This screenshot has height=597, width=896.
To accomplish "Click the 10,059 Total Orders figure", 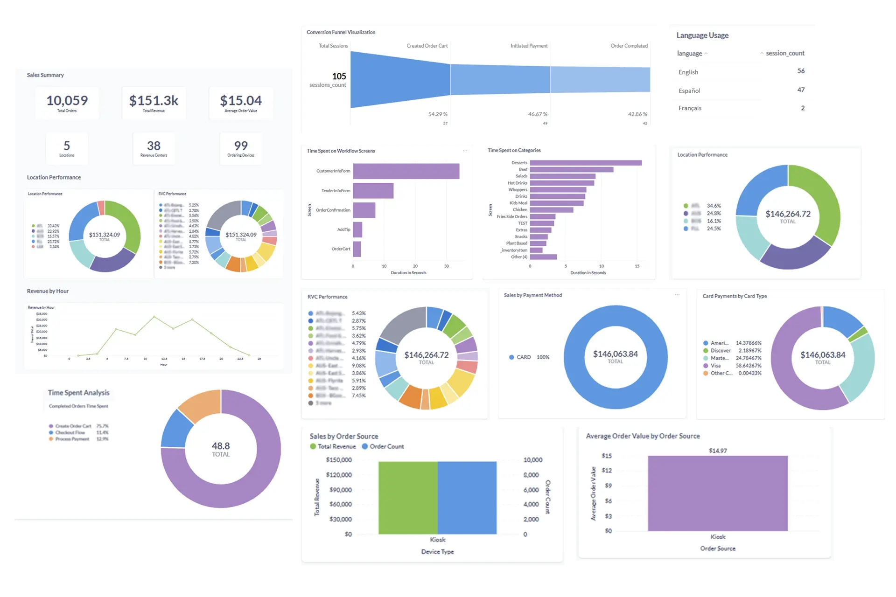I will (67, 101).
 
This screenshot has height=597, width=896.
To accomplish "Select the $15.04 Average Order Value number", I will (241, 101).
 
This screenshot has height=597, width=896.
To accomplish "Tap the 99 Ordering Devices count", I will (241, 146).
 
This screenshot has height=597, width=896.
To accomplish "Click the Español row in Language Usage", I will (689, 90).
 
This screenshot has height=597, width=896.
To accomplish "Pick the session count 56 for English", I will (801, 71).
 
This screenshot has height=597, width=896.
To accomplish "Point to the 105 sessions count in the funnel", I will (339, 76).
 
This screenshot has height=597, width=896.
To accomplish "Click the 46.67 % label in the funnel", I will (538, 114).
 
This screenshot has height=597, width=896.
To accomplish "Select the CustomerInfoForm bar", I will (406, 171).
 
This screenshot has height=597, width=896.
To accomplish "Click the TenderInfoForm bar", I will (373, 191).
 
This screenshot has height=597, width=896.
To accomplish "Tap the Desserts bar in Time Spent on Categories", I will (586, 163).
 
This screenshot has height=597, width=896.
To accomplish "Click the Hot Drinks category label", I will (518, 183).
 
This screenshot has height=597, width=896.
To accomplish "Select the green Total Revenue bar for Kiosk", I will (408, 498).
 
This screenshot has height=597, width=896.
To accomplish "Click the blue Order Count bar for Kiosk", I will (467, 498).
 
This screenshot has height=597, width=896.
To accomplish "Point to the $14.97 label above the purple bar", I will (718, 451).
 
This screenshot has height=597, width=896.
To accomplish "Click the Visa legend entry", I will (715, 366).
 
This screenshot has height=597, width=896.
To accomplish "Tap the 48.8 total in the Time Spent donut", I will (221, 446).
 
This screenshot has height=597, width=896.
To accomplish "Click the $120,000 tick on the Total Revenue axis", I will (339, 475).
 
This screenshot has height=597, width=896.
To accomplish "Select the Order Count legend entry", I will (386, 446).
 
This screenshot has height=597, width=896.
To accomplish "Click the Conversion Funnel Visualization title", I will (341, 32).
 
